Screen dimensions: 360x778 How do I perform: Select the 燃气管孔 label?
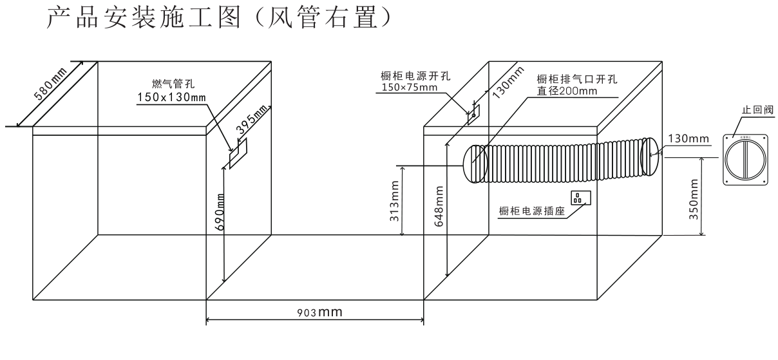tap(168, 83)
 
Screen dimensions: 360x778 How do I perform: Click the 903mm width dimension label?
tap(315, 312)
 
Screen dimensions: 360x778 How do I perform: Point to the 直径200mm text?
tap(567, 91)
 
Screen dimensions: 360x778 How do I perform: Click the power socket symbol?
tap(580, 197)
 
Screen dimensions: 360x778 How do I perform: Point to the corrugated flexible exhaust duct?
tap(560, 158)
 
